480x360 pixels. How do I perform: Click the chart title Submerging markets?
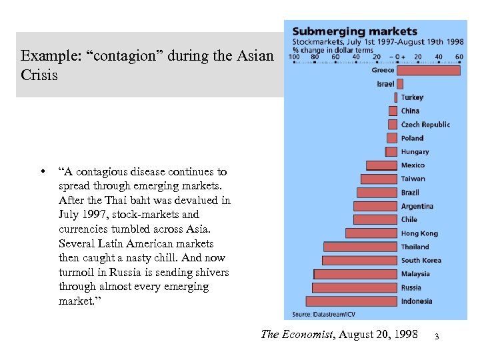click(355, 31)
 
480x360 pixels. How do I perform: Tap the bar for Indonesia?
click(351, 301)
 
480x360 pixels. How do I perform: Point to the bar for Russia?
click(355, 287)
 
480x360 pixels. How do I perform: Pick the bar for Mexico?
click(381, 165)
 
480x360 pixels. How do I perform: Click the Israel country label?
click(385, 84)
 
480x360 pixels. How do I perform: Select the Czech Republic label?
click(425, 125)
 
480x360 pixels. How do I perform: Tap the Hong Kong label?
click(419, 233)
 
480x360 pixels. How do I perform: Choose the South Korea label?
click(421, 260)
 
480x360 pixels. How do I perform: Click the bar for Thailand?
click(361, 247)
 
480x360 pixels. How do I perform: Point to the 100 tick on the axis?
click(293, 57)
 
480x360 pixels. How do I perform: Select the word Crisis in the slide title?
click(39, 75)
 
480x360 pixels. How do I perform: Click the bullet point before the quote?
click(43, 172)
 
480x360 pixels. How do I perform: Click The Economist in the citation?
click(297, 334)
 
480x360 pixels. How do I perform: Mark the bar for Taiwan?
click(379, 179)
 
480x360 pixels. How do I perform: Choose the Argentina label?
click(417, 206)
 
